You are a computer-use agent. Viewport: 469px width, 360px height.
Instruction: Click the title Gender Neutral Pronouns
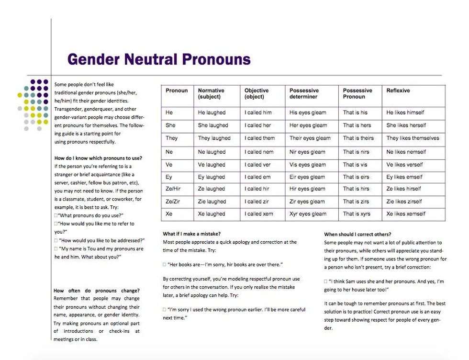[x=159, y=59]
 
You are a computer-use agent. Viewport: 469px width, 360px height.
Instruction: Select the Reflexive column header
[x=398, y=90]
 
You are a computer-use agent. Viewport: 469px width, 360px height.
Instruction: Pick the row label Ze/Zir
[x=173, y=202]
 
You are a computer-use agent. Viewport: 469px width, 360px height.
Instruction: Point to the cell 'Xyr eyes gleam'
[x=308, y=214]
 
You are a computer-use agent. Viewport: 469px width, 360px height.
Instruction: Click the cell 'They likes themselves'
[x=413, y=138]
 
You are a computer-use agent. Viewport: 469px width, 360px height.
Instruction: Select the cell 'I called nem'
[x=259, y=152]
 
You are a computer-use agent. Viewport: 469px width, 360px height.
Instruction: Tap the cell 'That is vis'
[x=355, y=165]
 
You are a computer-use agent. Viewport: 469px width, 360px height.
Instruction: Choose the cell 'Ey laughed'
[x=211, y=177]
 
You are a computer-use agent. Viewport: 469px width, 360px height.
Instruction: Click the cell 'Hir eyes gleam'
[x=307, y=189]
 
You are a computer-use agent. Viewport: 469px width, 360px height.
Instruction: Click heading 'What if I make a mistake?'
[x=191, y=234]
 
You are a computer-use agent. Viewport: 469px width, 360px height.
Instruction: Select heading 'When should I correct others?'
[x=357, y=235]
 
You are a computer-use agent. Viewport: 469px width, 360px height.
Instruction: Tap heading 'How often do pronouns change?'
[x=97, y=291]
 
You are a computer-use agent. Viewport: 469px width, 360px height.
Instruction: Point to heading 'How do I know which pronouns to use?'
[x=98, y=158]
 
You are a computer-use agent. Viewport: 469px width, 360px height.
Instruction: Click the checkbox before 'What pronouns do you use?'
[x=56, y=216]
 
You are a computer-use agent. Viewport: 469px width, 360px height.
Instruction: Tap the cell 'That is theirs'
[x=358, y=138]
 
